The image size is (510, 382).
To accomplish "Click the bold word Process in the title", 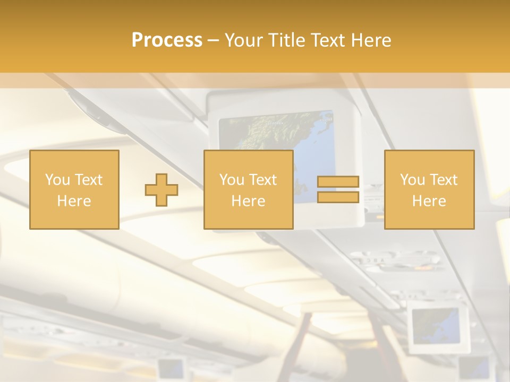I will (x=167, y=40).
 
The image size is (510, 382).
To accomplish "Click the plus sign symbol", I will (x=161, y=190).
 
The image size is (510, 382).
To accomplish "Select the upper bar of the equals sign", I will (x=338, y=182).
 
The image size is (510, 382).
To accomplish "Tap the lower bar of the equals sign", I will (x=338, y=197).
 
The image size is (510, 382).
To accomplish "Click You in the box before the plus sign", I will (x=57, y=180).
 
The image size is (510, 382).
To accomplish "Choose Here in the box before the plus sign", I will (x=74, y=201).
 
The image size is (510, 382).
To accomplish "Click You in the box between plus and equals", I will (x=232, y=180).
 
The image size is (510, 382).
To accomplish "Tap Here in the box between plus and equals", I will (x=248, y=201).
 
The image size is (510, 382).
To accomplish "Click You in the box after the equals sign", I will (x=412, y=180).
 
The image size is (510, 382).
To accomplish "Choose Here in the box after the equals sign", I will (x=429, y=201).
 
